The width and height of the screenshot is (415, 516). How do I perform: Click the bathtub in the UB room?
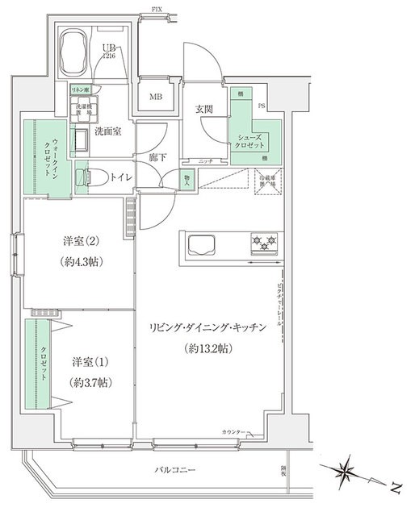pos(74,50)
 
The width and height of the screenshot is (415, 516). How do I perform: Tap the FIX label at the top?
pos(155,10)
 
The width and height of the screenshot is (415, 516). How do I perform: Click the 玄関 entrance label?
pos(204,109)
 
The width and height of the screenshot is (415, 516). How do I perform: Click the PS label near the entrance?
pos(261,106)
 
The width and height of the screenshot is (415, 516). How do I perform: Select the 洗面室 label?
pos(107,131)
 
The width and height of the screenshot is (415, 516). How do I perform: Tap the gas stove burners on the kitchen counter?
pos(263,242)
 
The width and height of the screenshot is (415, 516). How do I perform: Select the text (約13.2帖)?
pos(207,349)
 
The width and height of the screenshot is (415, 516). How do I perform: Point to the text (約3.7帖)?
pos(89,381)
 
